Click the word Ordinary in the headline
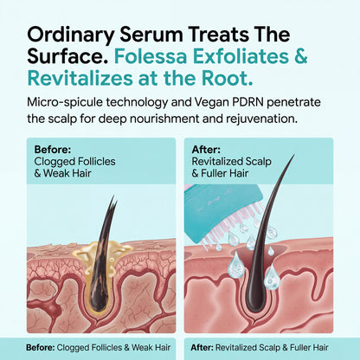70,35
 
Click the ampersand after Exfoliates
300,57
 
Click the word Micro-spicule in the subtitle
64,103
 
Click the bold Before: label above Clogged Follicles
53,150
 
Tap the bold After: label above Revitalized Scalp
206,150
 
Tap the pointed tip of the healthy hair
294,155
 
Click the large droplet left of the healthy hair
236,266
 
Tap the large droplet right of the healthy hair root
272,277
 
